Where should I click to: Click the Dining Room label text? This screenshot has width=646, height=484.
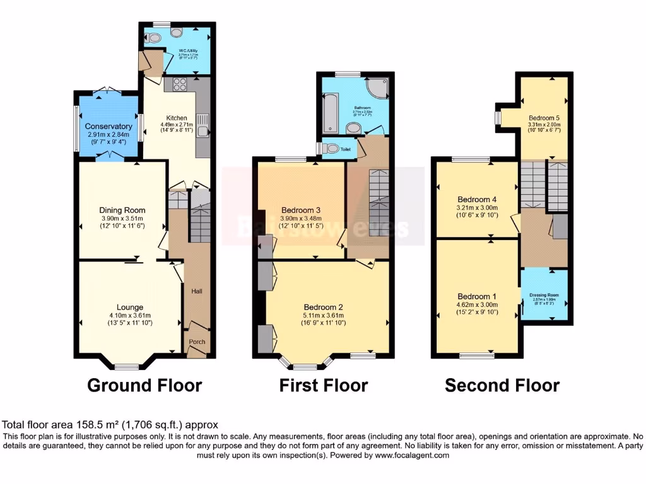122,210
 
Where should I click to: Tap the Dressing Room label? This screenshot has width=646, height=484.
544,295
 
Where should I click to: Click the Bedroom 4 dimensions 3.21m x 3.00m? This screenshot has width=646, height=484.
477,207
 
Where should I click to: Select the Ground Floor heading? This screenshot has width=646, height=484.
144,385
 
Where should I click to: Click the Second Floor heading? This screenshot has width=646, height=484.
502,385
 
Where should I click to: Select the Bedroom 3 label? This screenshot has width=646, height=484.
301,210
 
